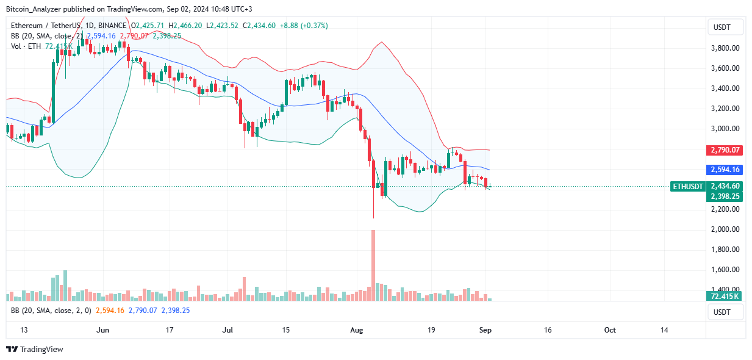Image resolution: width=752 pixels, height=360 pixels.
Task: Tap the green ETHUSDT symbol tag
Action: pos(688,186)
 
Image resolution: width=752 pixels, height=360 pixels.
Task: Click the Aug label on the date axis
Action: pos(357,330)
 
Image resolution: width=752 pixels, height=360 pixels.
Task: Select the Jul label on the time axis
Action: pos(228,330)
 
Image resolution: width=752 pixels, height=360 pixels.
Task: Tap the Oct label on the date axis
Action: pos(610,330)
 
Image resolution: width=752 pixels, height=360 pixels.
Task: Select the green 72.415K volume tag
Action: pos(725,297)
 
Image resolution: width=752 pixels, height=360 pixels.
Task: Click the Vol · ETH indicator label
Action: pos(26,46)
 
